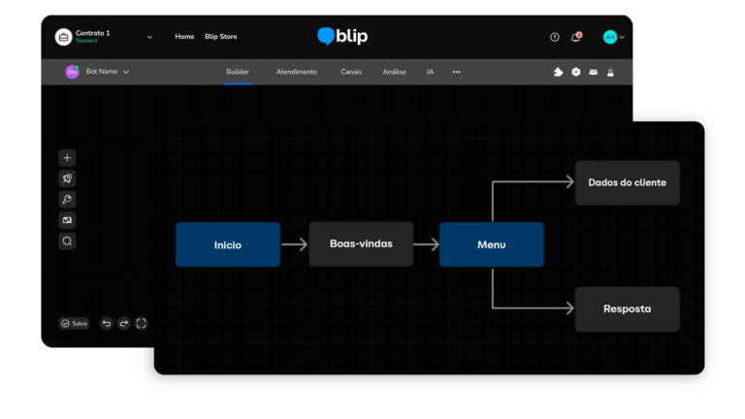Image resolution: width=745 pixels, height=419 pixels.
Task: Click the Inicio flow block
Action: point(227,244)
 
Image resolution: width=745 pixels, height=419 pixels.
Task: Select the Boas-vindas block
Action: point(361,244)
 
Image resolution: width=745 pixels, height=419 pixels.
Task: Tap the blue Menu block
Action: point(491,244)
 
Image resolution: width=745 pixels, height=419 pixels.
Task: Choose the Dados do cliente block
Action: point(627,182)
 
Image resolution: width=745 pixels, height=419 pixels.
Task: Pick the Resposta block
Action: point(627,309)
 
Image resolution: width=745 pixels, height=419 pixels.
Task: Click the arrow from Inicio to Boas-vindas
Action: point(294,244)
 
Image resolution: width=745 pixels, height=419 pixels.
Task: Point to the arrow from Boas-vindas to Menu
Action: point(426,244)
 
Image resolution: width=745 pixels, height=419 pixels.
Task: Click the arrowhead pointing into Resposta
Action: point(567,309)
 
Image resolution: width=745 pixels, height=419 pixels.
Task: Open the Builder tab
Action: point(238,72)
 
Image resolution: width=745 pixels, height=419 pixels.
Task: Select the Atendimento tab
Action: point(296,72)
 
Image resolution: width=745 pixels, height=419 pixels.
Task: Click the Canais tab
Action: point(351,72)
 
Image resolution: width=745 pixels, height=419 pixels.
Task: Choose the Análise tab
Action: point(394,72)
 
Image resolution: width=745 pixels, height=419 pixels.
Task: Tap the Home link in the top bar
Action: point(184,37)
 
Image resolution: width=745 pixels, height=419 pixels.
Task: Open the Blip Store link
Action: point(220,37)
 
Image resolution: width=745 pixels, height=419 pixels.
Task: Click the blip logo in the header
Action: point(342,37)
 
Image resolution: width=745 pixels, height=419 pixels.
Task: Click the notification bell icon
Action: point(575,37)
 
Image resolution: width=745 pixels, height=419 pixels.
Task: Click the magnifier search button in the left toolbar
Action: point(67,241)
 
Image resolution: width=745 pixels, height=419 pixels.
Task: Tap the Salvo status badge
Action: point(74,323)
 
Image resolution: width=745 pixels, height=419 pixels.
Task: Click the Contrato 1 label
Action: point(93,33)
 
